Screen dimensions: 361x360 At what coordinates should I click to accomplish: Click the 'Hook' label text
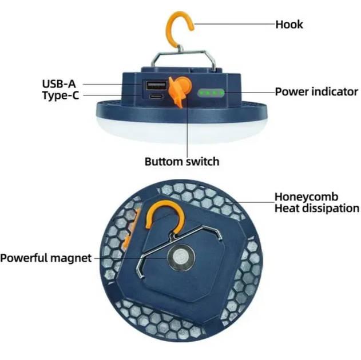pos(289,25)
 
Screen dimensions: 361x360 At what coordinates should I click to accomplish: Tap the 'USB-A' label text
pos(59,83)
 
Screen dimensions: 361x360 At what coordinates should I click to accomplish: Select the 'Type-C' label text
pos(61,95)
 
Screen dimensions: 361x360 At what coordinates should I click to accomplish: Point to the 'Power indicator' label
pos(316,92)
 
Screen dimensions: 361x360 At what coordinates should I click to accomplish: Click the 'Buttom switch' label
pos(182,161)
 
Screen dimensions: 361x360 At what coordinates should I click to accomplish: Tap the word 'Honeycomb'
pos(307,197)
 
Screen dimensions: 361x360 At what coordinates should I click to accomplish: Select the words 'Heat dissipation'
pos(317,208)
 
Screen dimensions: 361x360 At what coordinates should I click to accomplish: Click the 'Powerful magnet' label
pos(46,258)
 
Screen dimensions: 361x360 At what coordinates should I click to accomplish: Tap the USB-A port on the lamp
pos(156,85)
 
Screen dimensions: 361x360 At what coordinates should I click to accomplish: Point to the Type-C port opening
pos(156,96)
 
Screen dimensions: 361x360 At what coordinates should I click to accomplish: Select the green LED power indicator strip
pos(211,93)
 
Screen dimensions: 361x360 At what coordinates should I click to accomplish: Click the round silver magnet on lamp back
pos(181,257)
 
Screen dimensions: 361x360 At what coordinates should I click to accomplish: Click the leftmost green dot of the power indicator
pos(201,93)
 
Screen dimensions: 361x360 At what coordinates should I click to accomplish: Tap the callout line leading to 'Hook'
pos(235,23)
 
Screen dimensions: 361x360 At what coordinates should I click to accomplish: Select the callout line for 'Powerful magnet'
pos(131,258)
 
